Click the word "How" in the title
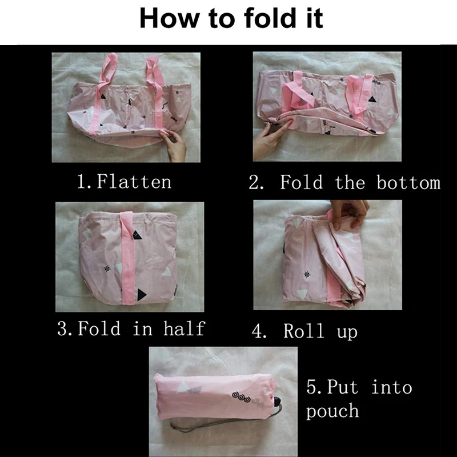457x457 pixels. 170,18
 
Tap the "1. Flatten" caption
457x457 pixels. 125,181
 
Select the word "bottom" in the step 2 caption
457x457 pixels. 408,182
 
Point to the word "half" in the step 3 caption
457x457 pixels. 184,328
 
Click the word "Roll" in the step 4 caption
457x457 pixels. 304,331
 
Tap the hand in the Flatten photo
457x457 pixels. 174,145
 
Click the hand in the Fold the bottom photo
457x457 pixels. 271,139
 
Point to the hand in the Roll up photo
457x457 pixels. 350,213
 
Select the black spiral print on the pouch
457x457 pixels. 241,396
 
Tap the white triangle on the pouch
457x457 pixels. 183,387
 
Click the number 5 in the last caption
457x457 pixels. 312,388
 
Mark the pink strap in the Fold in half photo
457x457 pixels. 127,258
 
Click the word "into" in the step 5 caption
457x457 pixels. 392,387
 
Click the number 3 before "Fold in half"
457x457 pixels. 63,328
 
